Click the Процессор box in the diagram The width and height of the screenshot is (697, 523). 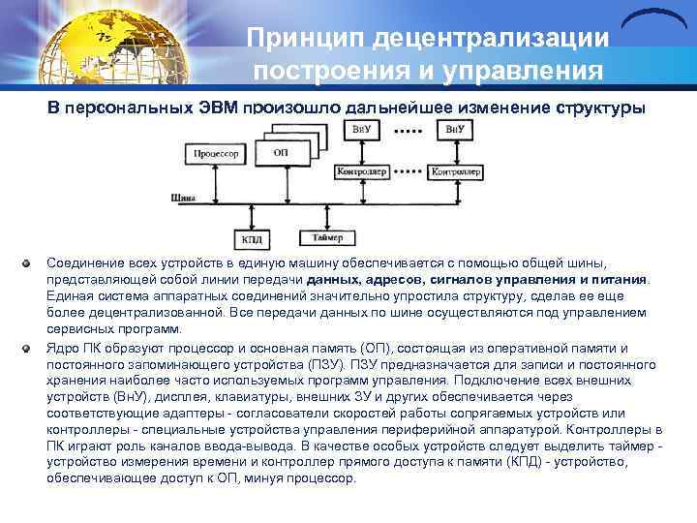pyautogui.click(x=217, y=153)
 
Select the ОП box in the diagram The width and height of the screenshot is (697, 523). pyautogui.click(x=281, y=153)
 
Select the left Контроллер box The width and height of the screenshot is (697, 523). pyautogui.click(x=361, y=171)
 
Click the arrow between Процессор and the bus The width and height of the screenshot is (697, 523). pyautogui.click(x=217, y=180)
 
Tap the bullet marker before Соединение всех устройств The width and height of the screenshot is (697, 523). pyautogui.click(x=31, y=263)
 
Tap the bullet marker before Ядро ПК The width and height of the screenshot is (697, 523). pyautogui.click(x=31, y=348)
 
